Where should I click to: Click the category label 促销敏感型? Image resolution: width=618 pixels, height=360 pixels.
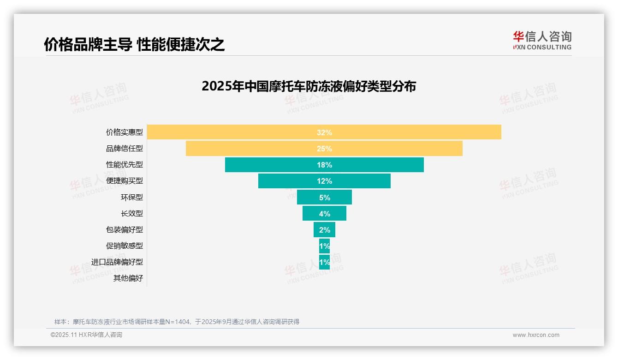coord(125,246)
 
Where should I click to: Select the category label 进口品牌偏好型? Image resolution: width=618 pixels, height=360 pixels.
coord(117,262)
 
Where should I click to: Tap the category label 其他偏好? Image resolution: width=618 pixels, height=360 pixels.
coord(128,278)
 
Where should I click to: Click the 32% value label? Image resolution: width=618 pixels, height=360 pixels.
coord(324,132)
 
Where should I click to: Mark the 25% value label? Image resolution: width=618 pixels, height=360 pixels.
coord(324,149)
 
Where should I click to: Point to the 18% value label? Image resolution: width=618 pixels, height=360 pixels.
coord(324,165)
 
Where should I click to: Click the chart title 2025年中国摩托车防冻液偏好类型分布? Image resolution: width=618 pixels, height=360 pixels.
coord(309,86)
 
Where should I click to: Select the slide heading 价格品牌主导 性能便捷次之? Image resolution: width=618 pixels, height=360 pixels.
coord(134,44)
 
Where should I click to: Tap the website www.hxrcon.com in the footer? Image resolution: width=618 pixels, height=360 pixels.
coord(536,335)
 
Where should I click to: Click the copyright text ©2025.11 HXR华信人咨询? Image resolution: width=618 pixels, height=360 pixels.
coord(86,335)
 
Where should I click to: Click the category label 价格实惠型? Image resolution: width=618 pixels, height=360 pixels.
coord(125,132)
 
